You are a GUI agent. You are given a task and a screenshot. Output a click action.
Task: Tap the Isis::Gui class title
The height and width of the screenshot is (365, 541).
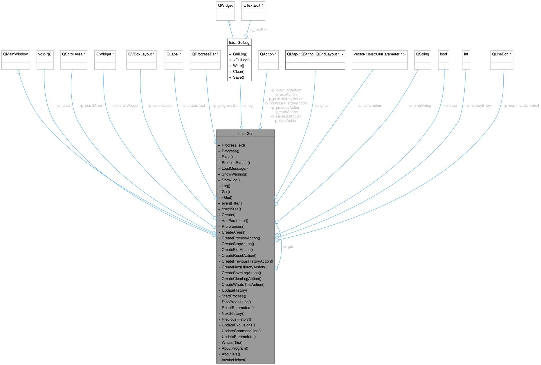click(x=245, y=133)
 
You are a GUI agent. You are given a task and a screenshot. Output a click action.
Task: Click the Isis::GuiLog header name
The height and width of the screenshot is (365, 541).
click(x=239, y=43)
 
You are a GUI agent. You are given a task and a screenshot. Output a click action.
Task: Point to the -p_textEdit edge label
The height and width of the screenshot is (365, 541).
click(x=258, y=30)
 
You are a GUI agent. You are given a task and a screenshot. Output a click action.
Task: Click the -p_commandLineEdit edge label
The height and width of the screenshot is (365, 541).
click(x=521, y=106)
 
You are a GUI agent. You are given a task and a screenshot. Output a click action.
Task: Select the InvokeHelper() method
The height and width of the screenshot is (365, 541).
click(x=234, y=360)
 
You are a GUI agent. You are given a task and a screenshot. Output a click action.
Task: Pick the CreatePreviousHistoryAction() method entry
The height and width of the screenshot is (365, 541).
click(x=247, y=261)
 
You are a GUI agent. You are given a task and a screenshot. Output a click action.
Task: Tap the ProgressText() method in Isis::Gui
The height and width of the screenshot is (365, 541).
click(x=234, y=145)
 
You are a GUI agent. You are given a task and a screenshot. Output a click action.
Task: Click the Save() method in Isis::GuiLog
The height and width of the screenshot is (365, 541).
click(x=238, y=77)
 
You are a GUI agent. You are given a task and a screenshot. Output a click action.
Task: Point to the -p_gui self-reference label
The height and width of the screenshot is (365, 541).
click(x=288, y=247)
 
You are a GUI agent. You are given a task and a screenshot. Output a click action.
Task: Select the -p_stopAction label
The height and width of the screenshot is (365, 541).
click(x=286, y=121)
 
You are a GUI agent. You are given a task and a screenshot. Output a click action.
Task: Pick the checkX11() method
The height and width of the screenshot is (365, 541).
click(x=231, y=209)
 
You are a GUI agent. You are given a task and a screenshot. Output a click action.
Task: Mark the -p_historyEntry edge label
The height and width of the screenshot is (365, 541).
click(x=478, y=106)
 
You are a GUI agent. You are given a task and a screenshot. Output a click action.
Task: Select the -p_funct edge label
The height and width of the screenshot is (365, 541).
click(x=63, y=106)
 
